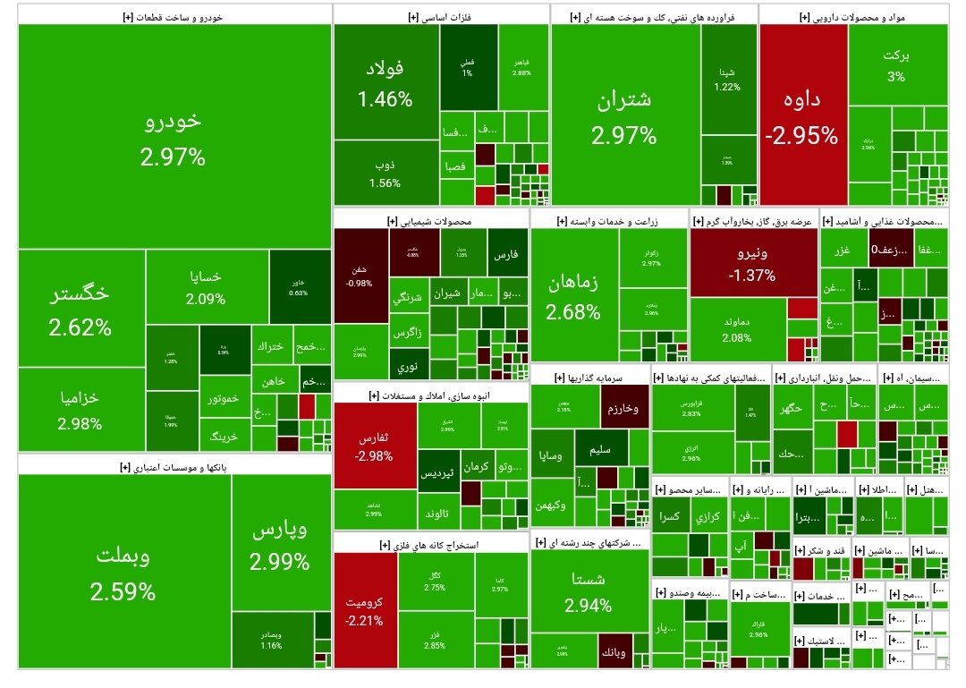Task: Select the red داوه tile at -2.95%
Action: (x=801, y=118)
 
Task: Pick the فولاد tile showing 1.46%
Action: (x=386, y=83)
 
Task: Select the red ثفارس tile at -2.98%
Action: (x=375, y=447)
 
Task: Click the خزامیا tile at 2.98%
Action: (x=80, y=410)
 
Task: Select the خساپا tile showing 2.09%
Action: (x=206, y=287)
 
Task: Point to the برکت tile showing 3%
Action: (x=896, y=64)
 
